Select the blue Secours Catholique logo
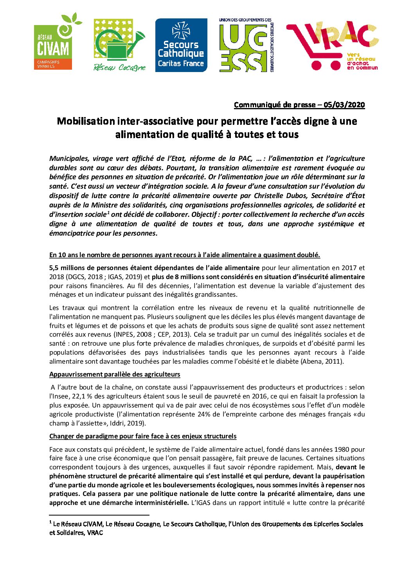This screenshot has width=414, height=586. click(181, 45)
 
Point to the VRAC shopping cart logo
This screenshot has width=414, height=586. click(333, 46)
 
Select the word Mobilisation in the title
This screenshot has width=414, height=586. click(86, 121)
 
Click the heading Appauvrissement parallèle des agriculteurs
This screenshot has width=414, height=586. click(115, 374)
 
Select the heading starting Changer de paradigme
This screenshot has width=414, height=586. click(143, 436)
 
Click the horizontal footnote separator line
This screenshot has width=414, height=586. click(99, 515)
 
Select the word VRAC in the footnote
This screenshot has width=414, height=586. click(95, 533)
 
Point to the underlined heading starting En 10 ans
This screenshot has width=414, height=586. click(184, 255)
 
